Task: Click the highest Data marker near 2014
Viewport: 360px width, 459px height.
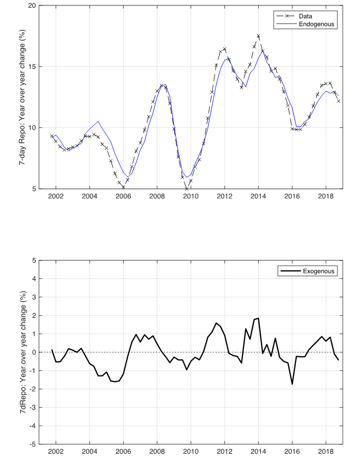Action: click(x=259, y=36)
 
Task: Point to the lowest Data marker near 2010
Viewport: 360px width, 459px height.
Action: click(x=187, y=188)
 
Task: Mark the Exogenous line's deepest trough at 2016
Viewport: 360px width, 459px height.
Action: click(x=292, y=384)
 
